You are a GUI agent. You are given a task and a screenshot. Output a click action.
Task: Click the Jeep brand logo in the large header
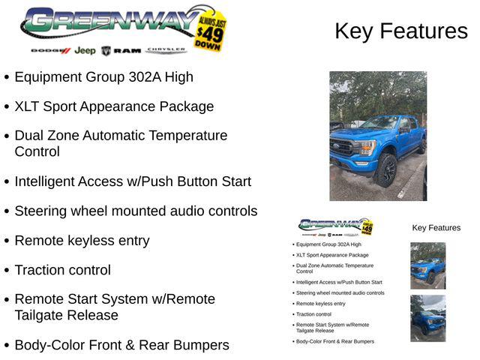coord(85,50)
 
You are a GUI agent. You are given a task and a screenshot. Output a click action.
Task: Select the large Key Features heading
coord(400,31)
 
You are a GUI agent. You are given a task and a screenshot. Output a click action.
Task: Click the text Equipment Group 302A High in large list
coord(103,76)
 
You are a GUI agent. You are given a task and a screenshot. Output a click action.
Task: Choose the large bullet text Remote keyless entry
coord(82,241)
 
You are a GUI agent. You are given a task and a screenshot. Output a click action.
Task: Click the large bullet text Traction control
coord(62,270)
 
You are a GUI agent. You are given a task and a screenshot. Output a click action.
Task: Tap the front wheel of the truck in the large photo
coord(386,170)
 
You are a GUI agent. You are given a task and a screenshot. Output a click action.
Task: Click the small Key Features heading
coord(436,228)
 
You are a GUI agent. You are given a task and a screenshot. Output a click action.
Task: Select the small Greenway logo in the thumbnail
coord(334,225)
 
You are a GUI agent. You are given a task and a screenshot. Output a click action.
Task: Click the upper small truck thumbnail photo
coord(427,265)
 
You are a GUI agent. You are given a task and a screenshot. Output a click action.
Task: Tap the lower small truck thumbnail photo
coord(427,318)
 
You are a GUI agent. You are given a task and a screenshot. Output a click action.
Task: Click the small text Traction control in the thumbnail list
coord(313,314)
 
